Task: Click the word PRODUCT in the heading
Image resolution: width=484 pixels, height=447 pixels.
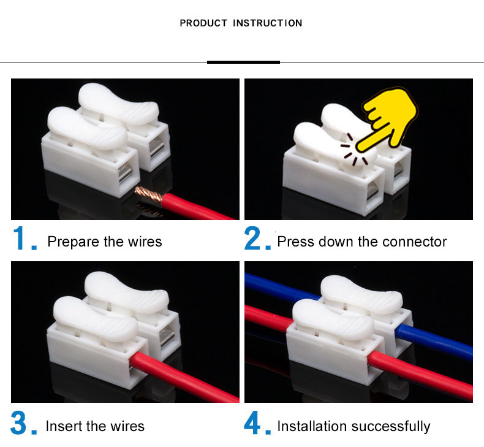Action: coord(200,23)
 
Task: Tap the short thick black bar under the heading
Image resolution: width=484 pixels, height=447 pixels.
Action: coord(243,62)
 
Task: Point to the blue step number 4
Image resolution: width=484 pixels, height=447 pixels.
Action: coord(254,423)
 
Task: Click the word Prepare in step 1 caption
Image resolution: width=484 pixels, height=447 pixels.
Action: coord(72,242)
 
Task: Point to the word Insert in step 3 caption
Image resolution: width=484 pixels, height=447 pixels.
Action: coord(63,426)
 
